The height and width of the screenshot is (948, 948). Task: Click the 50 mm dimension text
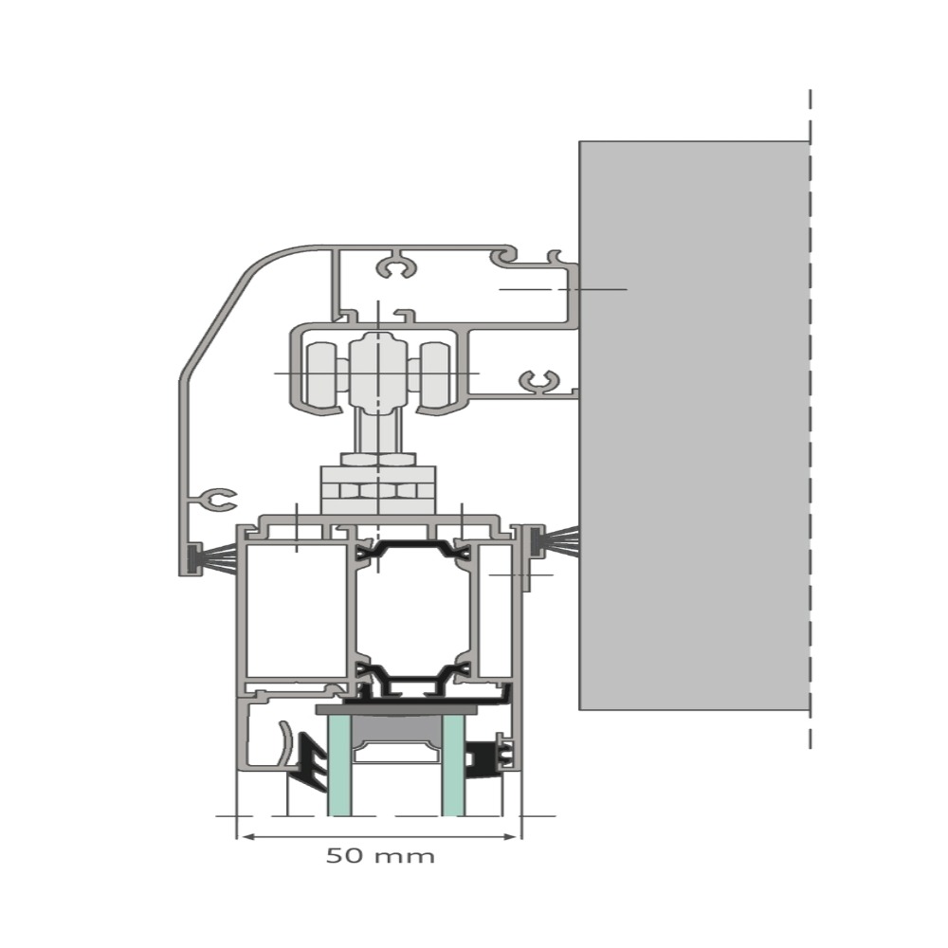click(380, 856)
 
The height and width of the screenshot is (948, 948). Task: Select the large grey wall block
click(694, 426)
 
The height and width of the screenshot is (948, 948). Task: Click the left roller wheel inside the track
click(321, 375)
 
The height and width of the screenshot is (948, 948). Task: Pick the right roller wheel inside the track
click(435, 375)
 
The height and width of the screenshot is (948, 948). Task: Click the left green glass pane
click(338, 764)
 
